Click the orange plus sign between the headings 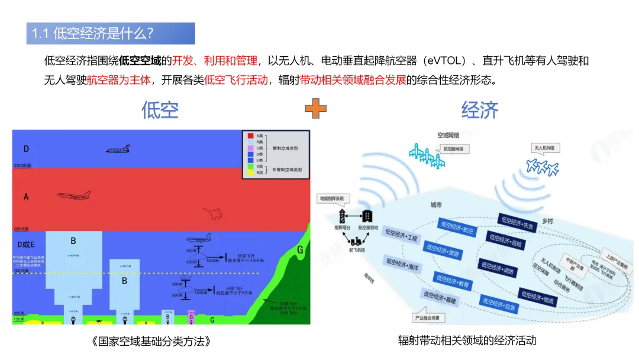coord(315,109)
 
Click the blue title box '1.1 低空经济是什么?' coord(111,34)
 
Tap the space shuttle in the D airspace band coord(118,149)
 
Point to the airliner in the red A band coord(74,195)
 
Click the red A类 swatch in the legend coord(250,136)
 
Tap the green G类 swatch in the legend coord(250,166)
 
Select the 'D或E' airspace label coord(27,245)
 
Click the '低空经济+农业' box coord(517,223)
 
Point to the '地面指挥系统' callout coord(334,198)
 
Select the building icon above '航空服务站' coord(367,216)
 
